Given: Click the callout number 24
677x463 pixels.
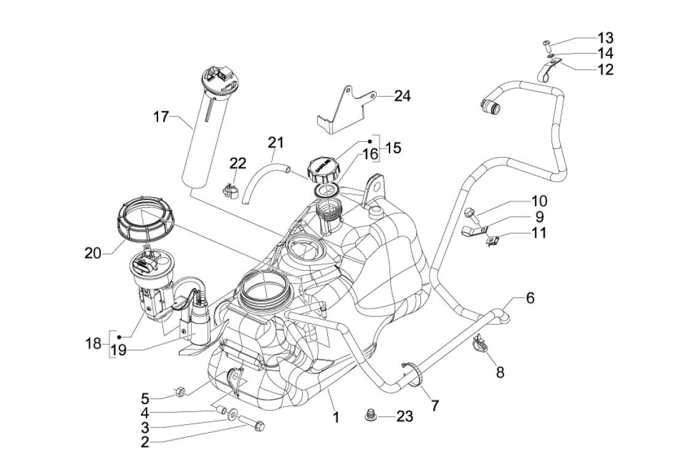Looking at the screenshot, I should click(x=402, y=96).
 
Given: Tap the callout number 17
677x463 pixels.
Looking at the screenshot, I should click(x=161, y=116).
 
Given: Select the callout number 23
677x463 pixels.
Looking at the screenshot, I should click(x=404, y=417).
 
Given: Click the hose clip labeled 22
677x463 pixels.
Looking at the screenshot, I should click(x=231, y=187).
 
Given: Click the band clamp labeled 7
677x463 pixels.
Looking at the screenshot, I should click(x=412, y=374).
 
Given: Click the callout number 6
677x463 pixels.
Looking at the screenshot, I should click(x=529, y=299).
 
